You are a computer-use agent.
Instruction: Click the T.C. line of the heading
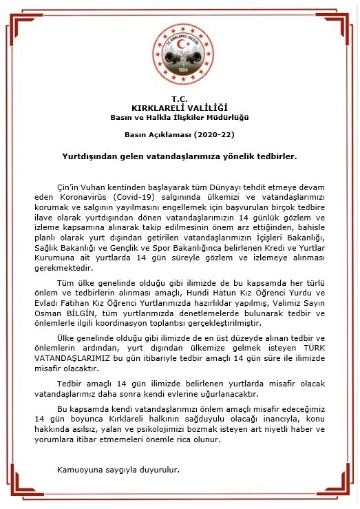pyautogui.click(x=180, y=98)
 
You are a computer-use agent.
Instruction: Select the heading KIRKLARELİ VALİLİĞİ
pyautogui.click(x=180, y=107)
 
